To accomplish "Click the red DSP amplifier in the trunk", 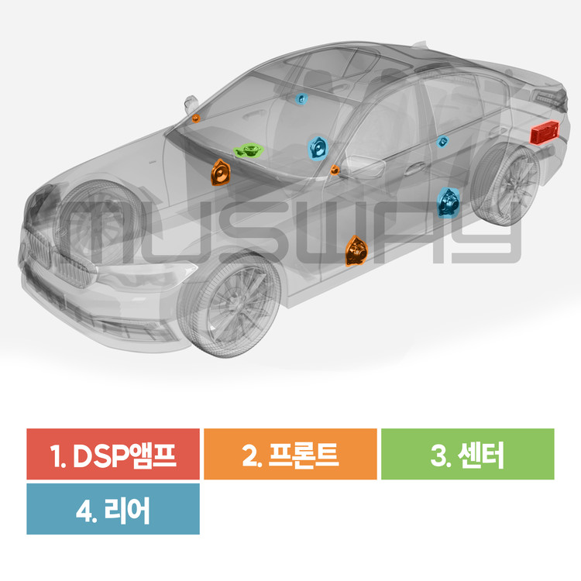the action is (545, 132).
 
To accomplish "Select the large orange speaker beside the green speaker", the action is (221, 173).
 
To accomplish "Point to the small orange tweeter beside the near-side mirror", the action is (335, 170).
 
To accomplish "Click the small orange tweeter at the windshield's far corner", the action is (196, 118).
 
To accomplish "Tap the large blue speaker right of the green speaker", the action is (318, 147).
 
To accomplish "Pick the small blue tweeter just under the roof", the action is (302, 99).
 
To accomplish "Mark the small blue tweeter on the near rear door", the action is (443, 141).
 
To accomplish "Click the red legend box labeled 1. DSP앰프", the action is (113, 454).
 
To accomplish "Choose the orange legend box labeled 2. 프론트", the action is (290, 454).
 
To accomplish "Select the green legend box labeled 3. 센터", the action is (467, 454).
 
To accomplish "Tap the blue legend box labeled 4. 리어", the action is (113, 509).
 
